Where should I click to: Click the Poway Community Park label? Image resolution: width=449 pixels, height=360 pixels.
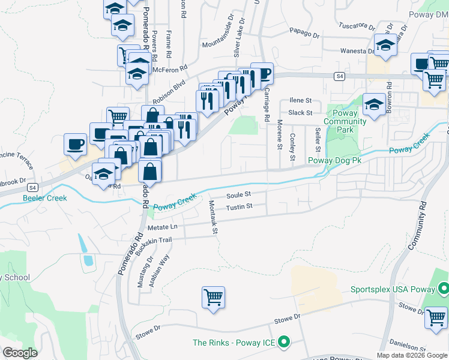coord(345,121)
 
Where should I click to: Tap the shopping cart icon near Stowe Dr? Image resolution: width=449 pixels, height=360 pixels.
coord(214,297)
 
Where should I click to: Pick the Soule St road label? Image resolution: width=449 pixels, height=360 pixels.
coord(238,195)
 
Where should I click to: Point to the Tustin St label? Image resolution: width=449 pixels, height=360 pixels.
coord(238,207)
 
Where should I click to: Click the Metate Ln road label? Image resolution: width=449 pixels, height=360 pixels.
coord(162,227)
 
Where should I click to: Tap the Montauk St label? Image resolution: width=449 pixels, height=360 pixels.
coord(212,217)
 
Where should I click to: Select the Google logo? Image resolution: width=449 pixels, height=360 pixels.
coord(19,353)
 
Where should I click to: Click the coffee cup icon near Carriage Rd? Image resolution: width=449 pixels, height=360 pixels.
coord(262,73)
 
